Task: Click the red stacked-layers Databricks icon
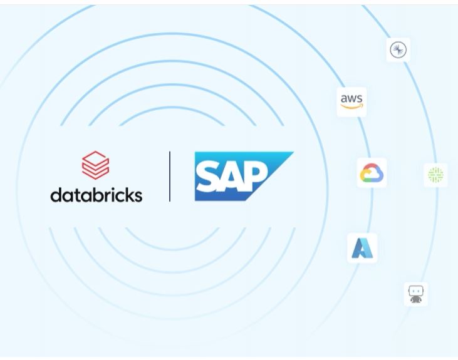click(96, 165)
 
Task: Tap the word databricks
click(96, 194)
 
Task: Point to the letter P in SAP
click(257, 176)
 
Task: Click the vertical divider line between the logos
click(170, 176)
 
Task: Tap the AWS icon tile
click(352, 101)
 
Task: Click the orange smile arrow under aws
click(353, 107)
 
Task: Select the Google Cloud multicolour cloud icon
click(372, 173)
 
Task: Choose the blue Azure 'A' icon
click(362, 249)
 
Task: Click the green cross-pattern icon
click(435, 175)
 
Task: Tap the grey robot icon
click(416, 294)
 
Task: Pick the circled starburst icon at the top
click(398, 50)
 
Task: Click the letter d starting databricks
click(55, 194)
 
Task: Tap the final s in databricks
click(138, 195)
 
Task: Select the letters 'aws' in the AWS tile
click(352, 98)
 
